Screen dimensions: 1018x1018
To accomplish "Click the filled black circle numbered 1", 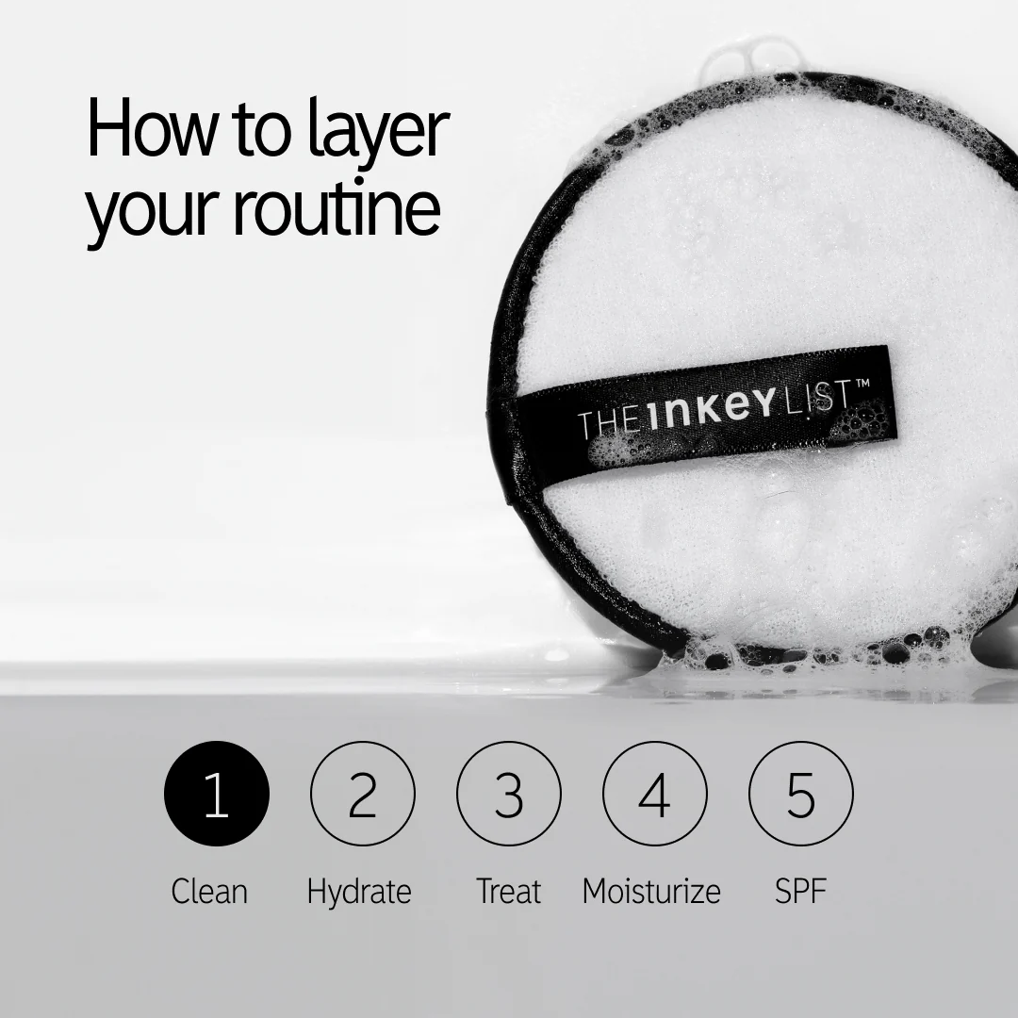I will pos(216,795).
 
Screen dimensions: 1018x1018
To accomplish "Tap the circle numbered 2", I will pos(362,795).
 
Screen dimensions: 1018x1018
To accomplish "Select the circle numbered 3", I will pos(508,795).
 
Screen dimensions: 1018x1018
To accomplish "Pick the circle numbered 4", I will pos(654,795).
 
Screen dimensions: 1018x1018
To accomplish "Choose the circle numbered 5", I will pos(800,795).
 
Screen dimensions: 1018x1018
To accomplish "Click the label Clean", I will pos(209,891).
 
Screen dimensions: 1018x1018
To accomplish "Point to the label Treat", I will pos(508,891).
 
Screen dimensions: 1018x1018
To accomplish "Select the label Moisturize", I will pos(651,891).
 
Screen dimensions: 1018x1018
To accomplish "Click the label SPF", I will pos(800,891).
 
